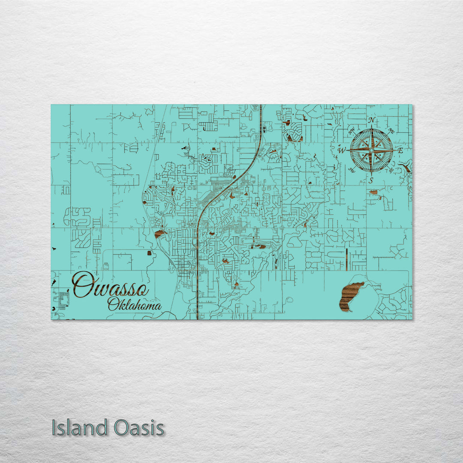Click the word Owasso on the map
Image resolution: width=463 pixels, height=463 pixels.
111,285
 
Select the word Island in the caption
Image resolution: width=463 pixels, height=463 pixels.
79,428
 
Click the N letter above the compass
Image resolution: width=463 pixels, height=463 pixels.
372,120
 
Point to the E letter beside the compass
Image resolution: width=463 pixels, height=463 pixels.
400,150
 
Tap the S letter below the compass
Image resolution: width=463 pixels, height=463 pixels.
371,180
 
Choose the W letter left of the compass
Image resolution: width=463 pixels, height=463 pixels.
342,150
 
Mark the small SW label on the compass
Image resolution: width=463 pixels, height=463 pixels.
352,170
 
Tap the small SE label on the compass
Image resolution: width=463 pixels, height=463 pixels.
391,170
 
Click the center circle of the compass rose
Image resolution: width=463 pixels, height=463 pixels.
371,150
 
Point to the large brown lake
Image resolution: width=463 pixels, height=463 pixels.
349,296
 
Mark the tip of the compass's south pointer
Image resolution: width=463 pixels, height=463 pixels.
371,174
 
